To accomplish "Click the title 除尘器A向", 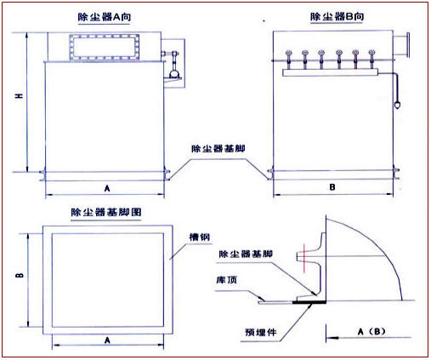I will coord(105,17).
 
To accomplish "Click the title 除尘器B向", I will coord(337,17).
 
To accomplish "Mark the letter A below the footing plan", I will coord(106,339).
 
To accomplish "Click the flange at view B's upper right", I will coord(407,42).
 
